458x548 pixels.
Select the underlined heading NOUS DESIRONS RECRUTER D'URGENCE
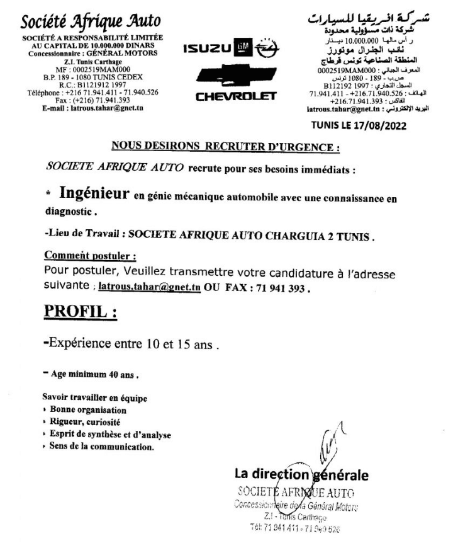click(x=225, y=148)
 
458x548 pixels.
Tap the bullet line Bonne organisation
click(x=86, y=410)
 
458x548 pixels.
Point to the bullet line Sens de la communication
click(x=100, y=447)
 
